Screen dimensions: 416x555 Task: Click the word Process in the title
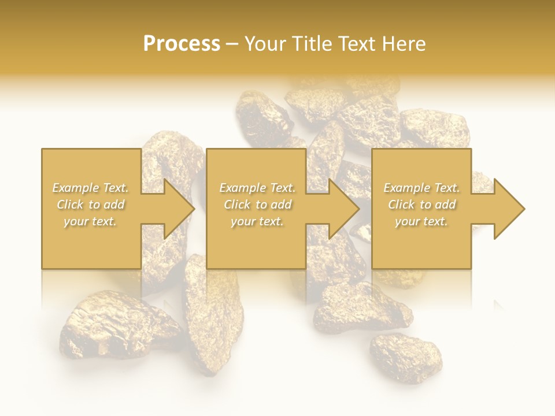coord(182,44)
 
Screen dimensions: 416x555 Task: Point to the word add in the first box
coord(114,205)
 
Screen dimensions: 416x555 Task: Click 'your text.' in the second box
coord(257,221)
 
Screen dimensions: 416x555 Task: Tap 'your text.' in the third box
coord(421,221)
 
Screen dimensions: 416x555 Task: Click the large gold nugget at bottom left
coord(116,326)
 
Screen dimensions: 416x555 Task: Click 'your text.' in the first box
coord(90,221)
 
